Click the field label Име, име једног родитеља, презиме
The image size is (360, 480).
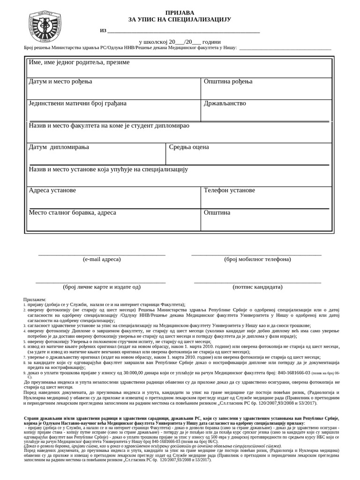coord(79,62)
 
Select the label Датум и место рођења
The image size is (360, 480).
coord(60,82)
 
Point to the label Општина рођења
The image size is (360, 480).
coord(228,82)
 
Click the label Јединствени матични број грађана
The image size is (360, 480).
coord(77,103)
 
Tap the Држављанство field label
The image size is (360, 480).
coord(225,103)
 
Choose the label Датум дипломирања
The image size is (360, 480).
coord(59,147)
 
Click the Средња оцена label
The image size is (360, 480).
coord(189,147)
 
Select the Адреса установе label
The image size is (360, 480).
coord(52,190)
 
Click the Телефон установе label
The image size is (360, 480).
coord(229,190)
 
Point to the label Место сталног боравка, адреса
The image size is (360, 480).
coord(73,212)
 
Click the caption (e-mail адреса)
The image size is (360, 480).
coord(102,259)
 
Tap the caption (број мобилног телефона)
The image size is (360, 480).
coord(257,259)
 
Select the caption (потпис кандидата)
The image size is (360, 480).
coord(257,286)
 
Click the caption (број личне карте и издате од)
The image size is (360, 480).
coord(102,286)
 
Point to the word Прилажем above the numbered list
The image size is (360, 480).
coord(35,299)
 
